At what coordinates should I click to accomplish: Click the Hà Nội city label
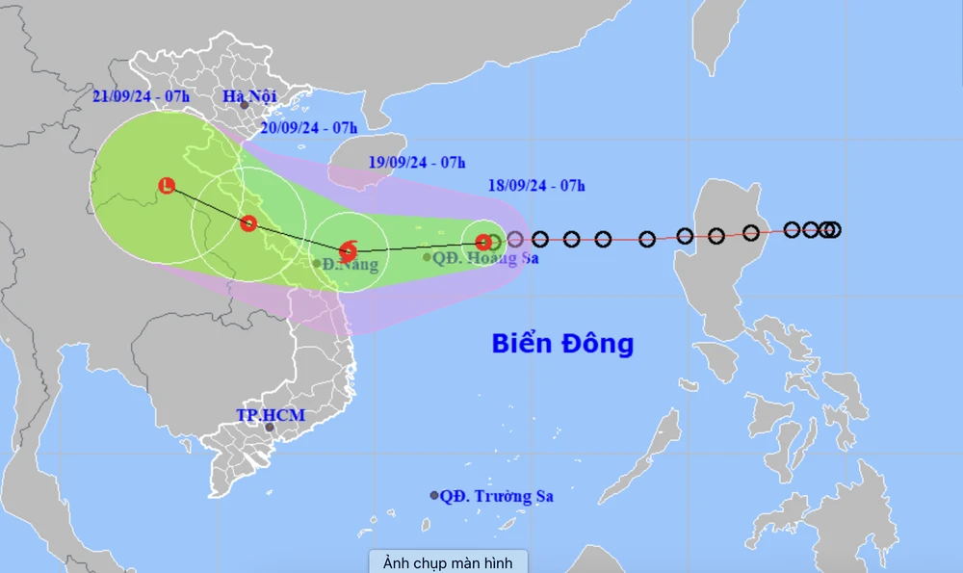click(249, 95)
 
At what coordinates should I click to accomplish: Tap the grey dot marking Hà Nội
click(245, 105)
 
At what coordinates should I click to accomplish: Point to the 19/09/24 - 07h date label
click(417, 161)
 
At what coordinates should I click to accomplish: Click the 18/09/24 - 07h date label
click(536, 185)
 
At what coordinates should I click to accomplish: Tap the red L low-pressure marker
click(168, 186)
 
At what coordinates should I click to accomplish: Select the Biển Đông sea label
click(562, 343)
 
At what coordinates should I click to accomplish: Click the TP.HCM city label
click(271, 415)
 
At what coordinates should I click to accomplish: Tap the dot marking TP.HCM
click(270, 428)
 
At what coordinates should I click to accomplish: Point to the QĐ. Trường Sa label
click(497, 496)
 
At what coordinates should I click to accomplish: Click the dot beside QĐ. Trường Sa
click(434, 495)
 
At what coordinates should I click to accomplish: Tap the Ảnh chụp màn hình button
click(448, 561)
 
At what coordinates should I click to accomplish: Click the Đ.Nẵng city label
click(350, 264)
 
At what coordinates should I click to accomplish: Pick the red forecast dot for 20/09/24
click(248, 223)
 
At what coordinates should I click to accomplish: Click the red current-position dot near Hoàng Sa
click(482, 242)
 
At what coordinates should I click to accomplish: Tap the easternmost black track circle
click(833, 229)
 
